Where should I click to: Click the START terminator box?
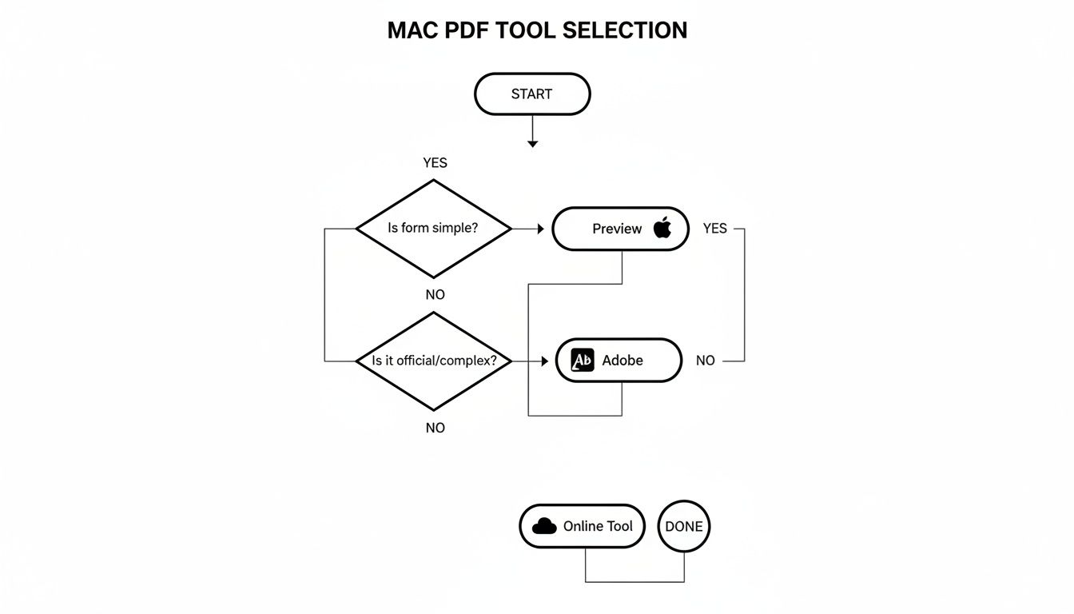click(x=532, y=94)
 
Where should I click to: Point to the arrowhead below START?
click(x=532, y=143)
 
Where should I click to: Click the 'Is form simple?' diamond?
click(x=433, y=229)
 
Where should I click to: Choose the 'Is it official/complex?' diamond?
click(x=433, y=361)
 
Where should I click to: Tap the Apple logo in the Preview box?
click(x=662, y=228)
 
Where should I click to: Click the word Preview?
click(x=616, y=229)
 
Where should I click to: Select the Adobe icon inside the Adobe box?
click(x=583, y=361)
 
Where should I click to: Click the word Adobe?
click(x=623, y=361)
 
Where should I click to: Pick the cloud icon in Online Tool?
click(x=544, y=526)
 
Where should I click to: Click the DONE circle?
click(x=684, y=526)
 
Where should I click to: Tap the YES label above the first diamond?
click(x=435, y=163)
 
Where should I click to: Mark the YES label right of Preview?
click(x=714, y=229)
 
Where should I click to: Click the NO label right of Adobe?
click(x=705, y=361)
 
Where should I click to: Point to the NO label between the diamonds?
click(x=435, y=295)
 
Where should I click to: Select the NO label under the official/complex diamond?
click(x=435, y=429)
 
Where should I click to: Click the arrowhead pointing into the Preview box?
click(x=540, y=229)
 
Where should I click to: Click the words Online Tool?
click(x=598, y=526)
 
